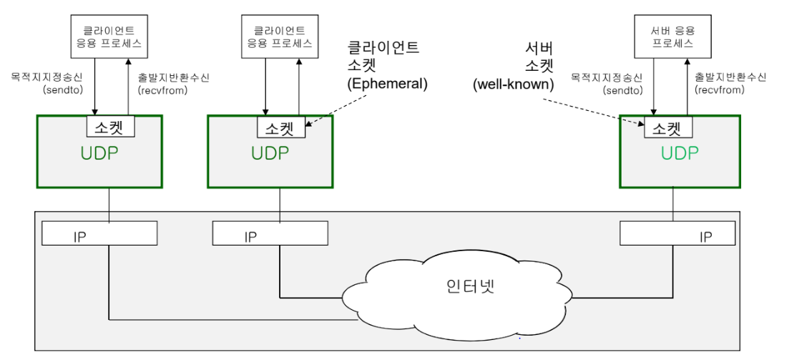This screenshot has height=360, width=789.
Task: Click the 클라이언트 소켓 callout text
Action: click(x=383, y=57)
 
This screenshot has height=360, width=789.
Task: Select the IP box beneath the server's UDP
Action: click(x=677, y=234)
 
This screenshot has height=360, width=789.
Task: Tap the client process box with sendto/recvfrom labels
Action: click(x=107, y=36)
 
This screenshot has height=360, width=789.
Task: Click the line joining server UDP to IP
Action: click(x=672, y=205)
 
